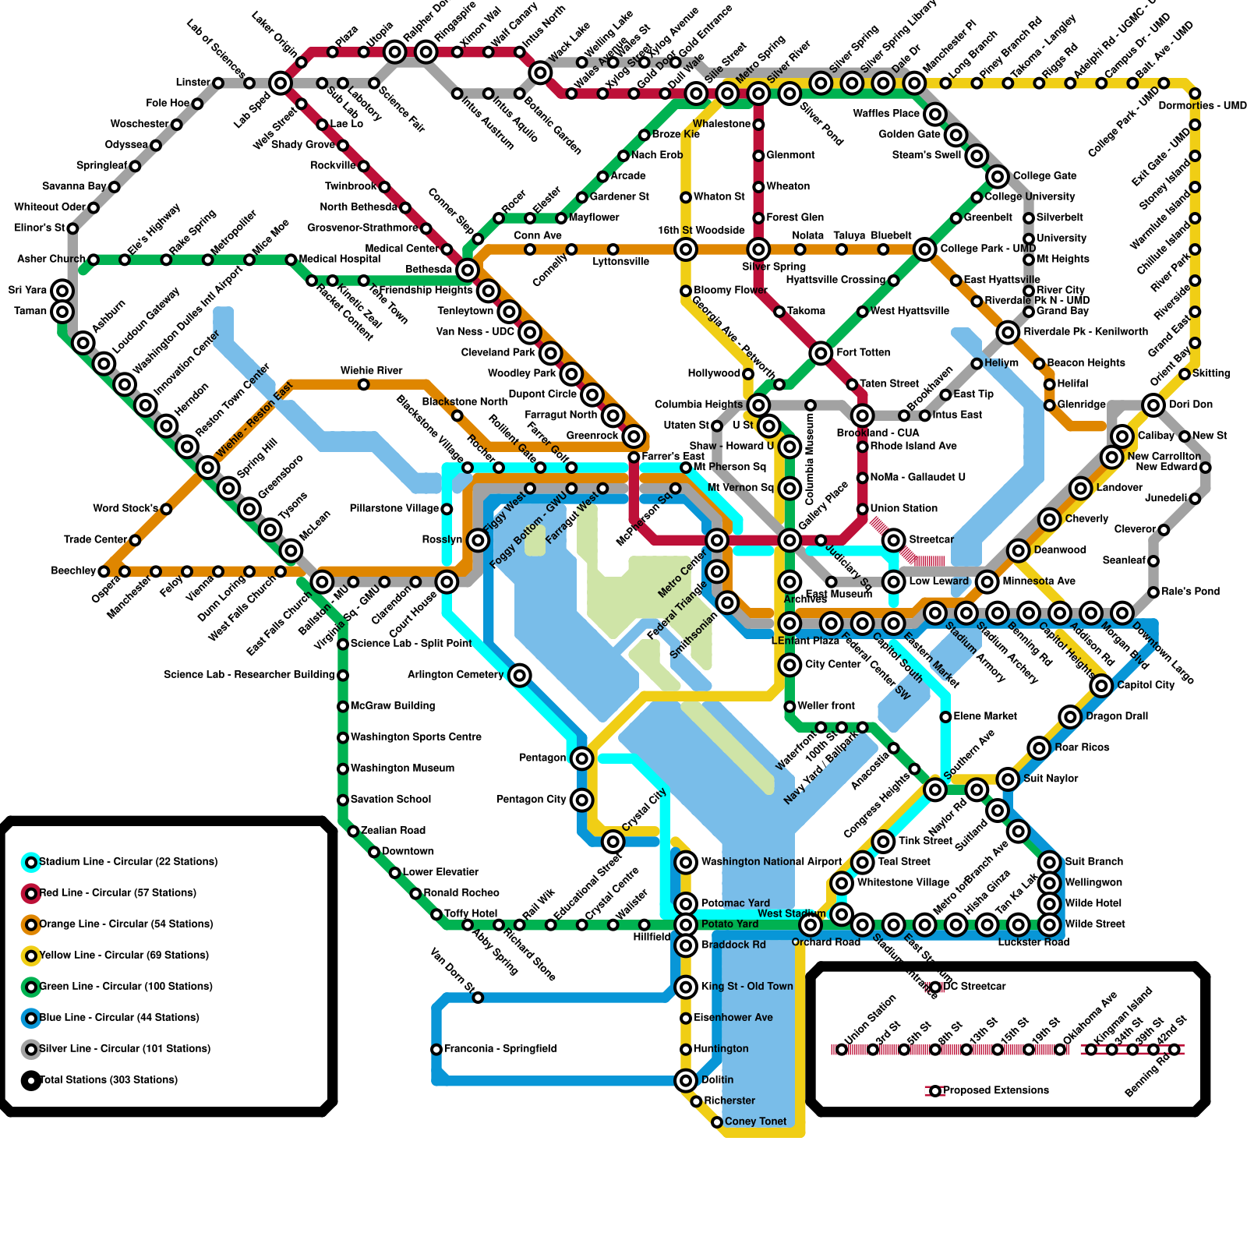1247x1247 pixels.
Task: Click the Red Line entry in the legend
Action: click(x=118, y=892)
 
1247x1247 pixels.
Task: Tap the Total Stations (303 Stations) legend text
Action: click(x=108, y=1079)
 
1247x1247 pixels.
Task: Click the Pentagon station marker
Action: click(x=581, y=758)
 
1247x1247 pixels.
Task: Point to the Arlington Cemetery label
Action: click(x=456, y=674)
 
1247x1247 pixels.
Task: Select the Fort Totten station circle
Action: click(x=821, y=353)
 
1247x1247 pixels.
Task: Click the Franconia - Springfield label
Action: click(x=500, y=1049)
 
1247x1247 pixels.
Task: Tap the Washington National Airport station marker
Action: click(x=686, y=862)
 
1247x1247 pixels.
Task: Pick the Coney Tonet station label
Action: click(x=755, y=1122)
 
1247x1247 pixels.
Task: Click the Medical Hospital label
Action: click(x=340, y=259)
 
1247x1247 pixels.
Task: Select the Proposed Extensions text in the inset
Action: click(x=996, y=1090)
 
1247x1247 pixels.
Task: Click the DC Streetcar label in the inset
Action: click(x=974, y=987)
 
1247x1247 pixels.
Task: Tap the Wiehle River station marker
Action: click(x=363, y=384)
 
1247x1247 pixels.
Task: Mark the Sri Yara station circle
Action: click(x=62, y=291)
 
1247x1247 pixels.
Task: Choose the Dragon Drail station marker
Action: click(x=1070, y=716)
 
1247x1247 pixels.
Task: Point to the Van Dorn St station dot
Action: click(x=478, y=998)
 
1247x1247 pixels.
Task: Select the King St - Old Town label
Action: click(x=747, y=987)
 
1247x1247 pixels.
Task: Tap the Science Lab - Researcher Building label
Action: click(x=249, y=674)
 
